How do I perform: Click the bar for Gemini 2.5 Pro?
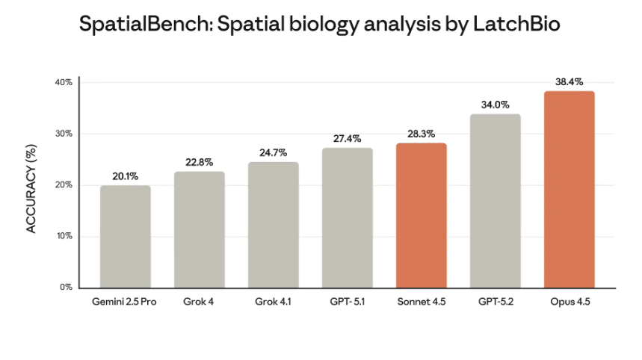tap(125, 237)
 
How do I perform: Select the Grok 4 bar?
tap(199, 230)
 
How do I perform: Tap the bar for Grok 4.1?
tap(273, 225)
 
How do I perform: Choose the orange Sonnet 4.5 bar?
tap(421, 215)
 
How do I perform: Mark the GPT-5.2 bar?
tap(495, 201)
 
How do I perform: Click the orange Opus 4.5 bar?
tap(569, 190)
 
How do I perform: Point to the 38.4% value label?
tap(569, 81)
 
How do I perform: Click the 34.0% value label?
tap(495, 105)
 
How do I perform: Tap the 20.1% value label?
tap(125, 176)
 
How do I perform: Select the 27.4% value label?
tap(347, 138)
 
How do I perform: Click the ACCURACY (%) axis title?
tap(32, 184)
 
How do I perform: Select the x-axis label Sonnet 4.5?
tap(421, 302)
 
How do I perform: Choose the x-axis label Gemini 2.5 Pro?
tap(125, 302)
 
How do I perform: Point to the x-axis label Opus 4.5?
tap(569, 302)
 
